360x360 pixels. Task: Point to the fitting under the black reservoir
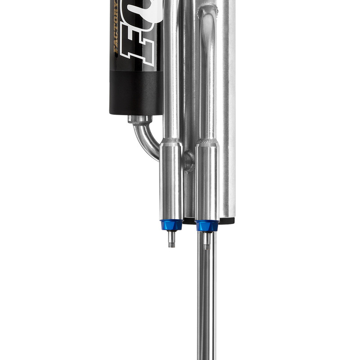(139, 119)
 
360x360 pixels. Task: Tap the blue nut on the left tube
(171, 225)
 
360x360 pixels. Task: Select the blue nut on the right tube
(207, 225)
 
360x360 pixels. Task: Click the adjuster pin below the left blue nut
(171, 238)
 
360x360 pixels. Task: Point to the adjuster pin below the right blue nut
(206, 241)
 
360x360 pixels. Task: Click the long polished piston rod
(207, 306)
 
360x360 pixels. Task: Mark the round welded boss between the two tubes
(188, 161)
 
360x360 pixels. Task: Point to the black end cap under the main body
(227, 220)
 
